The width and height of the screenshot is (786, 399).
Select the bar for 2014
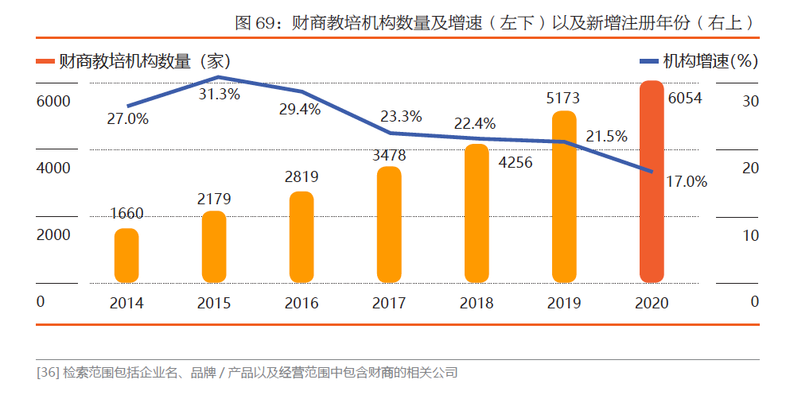126,255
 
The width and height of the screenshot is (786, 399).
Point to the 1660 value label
126,213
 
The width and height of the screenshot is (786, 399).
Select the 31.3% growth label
220,94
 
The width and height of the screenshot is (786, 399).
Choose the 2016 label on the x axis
302,303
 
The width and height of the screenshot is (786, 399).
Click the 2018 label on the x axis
477,303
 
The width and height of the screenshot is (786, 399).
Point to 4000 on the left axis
52,169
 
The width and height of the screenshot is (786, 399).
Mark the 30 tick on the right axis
751,101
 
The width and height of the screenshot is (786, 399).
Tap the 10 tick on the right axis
751,235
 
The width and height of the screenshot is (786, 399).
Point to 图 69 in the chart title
252,23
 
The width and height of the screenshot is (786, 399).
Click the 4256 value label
515,162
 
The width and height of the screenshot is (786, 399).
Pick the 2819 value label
302,177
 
